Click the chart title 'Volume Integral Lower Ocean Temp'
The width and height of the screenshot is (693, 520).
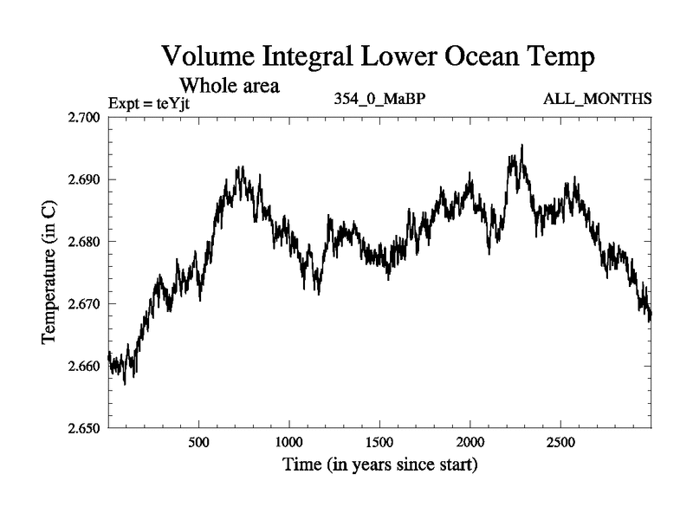379,58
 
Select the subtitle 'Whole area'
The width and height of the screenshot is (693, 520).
229,86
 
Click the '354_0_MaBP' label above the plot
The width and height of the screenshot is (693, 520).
379,100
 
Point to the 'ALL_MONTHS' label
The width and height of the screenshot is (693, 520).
597,100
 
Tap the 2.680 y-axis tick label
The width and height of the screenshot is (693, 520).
83,242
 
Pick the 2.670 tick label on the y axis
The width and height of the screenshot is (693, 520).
83,303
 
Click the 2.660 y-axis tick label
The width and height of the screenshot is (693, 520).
83,366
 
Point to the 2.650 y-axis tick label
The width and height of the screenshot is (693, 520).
83,428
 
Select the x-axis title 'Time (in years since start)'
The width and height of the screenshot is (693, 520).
379,465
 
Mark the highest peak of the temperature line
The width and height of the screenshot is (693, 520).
521,146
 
